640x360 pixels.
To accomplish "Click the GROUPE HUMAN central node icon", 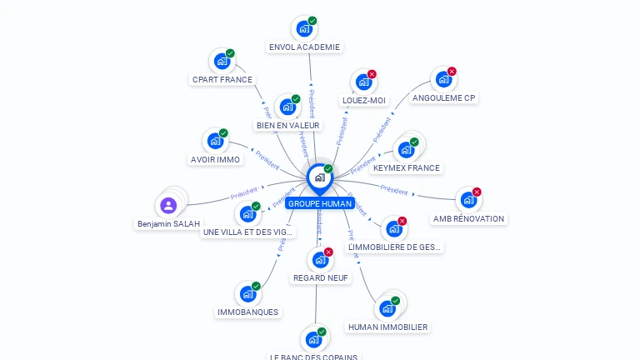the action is click(x=319, y=177).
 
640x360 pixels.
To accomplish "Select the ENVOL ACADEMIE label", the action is click(x=304, y=47).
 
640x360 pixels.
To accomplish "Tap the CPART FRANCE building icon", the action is click(x=222, y=61).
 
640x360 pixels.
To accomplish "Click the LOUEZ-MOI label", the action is click(x=364, y=101).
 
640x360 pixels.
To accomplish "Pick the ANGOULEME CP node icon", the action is click(x=443, y=79).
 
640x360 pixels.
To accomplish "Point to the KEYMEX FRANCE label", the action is click(x=407, y=168).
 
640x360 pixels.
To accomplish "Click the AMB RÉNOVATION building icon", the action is click(x=468, y=200).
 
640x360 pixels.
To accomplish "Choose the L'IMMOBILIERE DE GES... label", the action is click(x=394, y=247).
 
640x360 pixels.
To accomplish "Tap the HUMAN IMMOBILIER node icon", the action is click(x=387, y=308).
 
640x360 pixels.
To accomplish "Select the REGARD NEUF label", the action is click(x=321, y=278).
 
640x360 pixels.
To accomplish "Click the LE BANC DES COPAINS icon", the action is click(x=313, y=339).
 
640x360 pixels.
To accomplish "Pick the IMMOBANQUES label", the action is click(x=247, y=312).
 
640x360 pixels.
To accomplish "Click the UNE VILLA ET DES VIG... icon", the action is click(x=247, y=214).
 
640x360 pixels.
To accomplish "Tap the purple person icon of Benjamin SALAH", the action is click(x=169, y=205).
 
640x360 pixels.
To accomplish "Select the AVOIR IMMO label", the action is click(x=215, y=160).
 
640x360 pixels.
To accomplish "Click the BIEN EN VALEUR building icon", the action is click(x=287, y=107).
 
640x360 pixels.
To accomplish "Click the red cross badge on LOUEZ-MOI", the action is click(x=372, y=74).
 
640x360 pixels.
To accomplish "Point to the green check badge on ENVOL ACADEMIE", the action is click(x=312, y=21).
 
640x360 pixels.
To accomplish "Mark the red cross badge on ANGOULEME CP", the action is click(x=452, y=72).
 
